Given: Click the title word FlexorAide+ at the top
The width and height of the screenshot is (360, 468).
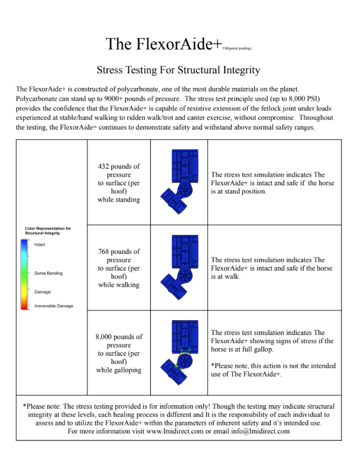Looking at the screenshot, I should pyautogui.click(x=173, y=44).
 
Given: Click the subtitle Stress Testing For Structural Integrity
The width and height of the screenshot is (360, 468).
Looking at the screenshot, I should pyautogui.click(x=179, y=71).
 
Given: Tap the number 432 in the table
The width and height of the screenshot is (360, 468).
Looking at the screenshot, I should pyautogui.click(x=105, y=166).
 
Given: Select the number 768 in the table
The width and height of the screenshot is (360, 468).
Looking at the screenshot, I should pyautogui.click(x=106, y=252).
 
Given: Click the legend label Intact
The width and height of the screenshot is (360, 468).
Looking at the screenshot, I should pyautogui.click(x=40, y=245).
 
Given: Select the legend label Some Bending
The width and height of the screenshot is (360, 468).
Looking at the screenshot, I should pyautogui.click(x=48, y=273).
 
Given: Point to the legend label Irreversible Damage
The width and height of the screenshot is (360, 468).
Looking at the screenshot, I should pyautogui.click(x=54, y=306).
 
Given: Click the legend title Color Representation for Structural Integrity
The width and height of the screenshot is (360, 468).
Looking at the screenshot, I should pyautogui.click(x=48, y=231).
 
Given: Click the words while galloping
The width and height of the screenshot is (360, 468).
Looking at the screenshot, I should pyautogui.click(x=119, y=370).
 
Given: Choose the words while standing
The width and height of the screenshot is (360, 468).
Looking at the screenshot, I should pyautogui.click(x=119, y=199).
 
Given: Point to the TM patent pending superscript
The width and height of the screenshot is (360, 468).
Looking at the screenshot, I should pyautogui.click(x=237, y=48).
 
